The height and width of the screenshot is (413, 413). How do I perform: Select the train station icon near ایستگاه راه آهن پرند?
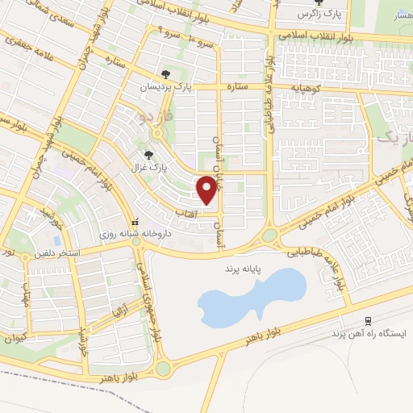pos(368,320)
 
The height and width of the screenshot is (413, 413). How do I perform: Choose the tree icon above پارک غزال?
pos(147,154)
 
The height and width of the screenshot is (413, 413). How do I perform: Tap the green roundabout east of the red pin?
pos(269,235)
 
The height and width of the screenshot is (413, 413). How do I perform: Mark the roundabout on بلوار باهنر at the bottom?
pos(164,369)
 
